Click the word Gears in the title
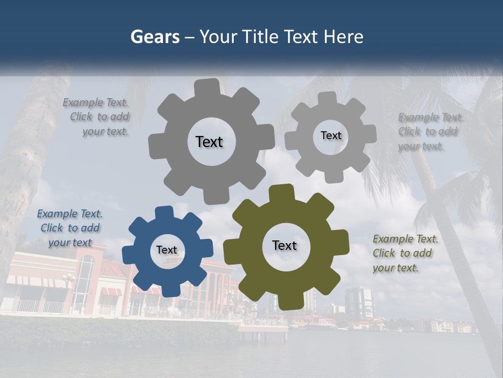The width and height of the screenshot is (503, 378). tap(155, 37)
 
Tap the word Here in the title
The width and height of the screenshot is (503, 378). tap(343, 37)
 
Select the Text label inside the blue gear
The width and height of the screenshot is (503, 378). tap(167, 250)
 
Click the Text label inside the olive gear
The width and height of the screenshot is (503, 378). tap(285, 245)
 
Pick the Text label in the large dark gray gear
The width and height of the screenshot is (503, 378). tap(209, 142)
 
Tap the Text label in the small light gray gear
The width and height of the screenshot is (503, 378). tap(331, 135)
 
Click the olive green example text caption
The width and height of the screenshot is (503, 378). tap(404, 253)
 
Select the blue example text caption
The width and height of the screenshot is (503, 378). tap(70, 228)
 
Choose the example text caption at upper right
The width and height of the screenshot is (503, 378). tap(429, 131)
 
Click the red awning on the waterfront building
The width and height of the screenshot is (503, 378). tap(111, 291)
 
